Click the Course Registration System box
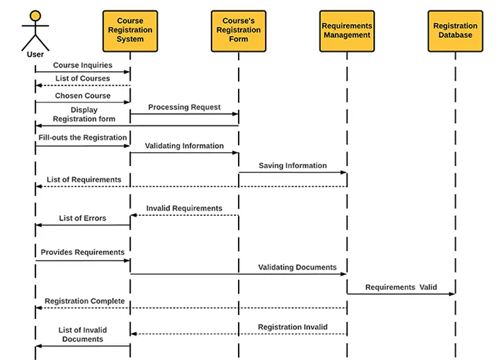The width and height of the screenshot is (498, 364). click(x=130, y=30)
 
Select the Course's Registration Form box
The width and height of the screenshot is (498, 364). click(x=239, y=30)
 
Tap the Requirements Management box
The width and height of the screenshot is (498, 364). click(x=347, y=30)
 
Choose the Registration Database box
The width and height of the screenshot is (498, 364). click(x=455, y=30)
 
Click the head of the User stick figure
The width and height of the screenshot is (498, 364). click(x=35, y=15)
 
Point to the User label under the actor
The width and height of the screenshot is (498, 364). click(x=35, y=54)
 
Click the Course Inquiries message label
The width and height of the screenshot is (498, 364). click(x=82, y=66)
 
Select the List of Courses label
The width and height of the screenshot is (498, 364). click(x=82, y=79)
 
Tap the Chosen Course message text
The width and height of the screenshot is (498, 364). click(x=83, y=96)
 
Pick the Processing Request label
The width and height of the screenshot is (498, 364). click(x=184, y=107)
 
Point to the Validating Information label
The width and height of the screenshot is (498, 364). click(x=184, y=146)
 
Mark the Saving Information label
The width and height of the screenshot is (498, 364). click(x=293, y=166)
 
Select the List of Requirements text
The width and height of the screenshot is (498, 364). click(x=84, y=180)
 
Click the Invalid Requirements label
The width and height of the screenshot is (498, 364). click(x=184, y=208)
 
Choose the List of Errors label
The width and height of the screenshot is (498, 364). click(x=82, y=219)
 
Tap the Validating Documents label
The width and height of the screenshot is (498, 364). click(x=297, y=267)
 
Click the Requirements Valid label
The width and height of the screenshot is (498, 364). click(x=401, y=287)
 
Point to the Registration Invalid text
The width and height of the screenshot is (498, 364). click(x=293, y=327)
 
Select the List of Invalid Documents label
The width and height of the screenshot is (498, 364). click(x=82, y=335)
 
